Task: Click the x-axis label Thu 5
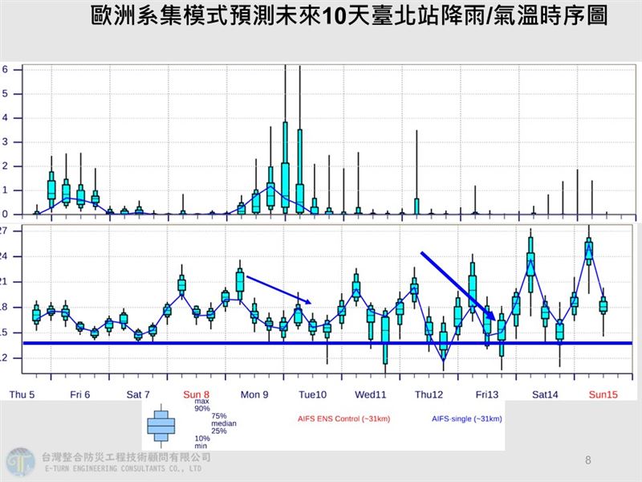click(21, 394)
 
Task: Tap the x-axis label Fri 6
click(79, 394)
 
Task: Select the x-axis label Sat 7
click(137, 394)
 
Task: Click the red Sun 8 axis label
click(196, 394)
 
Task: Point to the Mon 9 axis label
click(254, 394)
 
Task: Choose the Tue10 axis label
click(313, 394)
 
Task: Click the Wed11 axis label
click(371, 394)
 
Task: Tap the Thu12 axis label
click(429, 394)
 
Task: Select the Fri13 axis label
click(487, 394)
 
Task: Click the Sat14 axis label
click(545, 394)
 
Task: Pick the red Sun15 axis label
click(603, 394)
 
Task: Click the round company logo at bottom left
click(19, 462)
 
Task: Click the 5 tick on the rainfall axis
click(5, 93)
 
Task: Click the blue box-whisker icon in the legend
click(161, 424)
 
